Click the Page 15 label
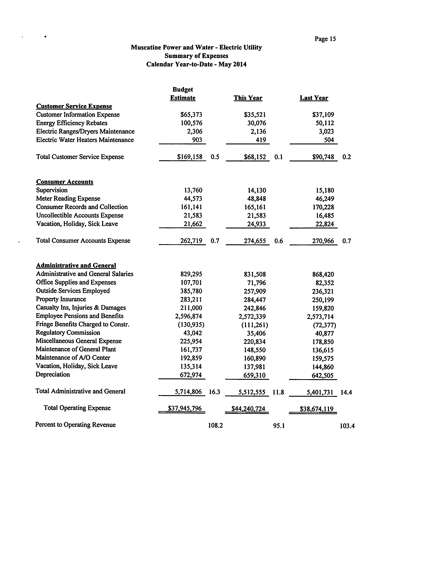[x=325, y=39]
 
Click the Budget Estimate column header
[x=183, y=94]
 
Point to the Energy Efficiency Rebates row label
[x=72, y=123]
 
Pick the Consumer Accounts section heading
[x=65, y=182]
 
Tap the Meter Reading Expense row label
[x=68, y=199]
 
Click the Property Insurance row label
[x=61, y=299]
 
